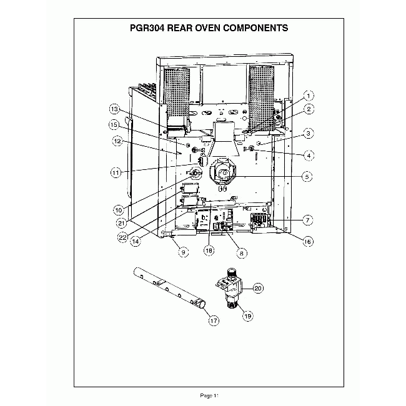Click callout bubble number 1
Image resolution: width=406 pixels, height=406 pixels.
pos(309,96)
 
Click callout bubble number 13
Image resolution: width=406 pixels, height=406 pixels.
pos(114,107)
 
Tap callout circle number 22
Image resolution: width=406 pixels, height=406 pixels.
pos(123,237)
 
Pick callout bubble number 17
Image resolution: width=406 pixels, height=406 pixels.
pos(214,320)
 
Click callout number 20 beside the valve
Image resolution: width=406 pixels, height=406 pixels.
pos(258,288)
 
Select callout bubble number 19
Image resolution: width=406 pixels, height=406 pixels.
pos(247,316)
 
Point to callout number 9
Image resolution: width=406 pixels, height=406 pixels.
pos(183,252)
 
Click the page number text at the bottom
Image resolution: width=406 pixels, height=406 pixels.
pos(208,395)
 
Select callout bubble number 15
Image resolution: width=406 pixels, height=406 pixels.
pos(114,124)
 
